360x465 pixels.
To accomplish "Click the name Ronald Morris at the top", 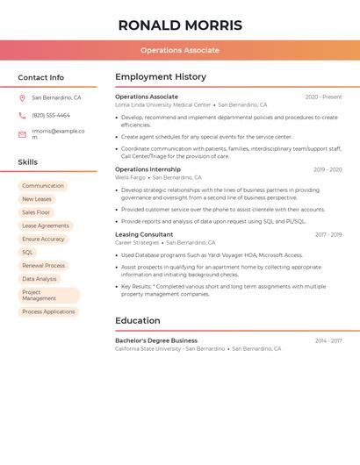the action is [x=180, y=25].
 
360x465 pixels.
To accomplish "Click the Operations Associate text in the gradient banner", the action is [x=180, y=50].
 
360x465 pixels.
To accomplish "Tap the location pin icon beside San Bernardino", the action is [x=22, y=98].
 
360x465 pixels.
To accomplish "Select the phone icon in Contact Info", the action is [x=22, y=115].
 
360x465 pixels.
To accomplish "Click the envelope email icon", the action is [x=22, y=134].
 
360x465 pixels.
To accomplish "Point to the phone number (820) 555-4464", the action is [x=51, y=115].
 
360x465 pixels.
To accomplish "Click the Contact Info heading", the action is [x=40, y=77].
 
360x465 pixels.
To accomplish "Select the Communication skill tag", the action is [x=43, y=186].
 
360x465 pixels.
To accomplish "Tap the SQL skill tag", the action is [x=28, y=252].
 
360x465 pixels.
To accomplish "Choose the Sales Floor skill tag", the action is [x=36, y=212].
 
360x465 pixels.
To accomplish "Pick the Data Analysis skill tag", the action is [x=40, y=279].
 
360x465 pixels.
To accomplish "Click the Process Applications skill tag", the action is [x=48, y=312].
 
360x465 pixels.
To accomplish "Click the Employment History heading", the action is [x=161, y=77].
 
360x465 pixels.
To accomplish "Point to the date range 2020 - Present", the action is [x=323, y=97].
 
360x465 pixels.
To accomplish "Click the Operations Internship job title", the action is [x=148, y=169].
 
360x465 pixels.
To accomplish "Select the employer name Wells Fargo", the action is [x=130, y=177].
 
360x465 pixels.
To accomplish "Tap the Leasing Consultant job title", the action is [x=144, y=234].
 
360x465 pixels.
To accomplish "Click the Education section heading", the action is [x=138, y=320].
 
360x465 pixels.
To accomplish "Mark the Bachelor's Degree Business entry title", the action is [x=156, y=340].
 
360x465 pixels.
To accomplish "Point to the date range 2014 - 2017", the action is [x=328, y=340].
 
